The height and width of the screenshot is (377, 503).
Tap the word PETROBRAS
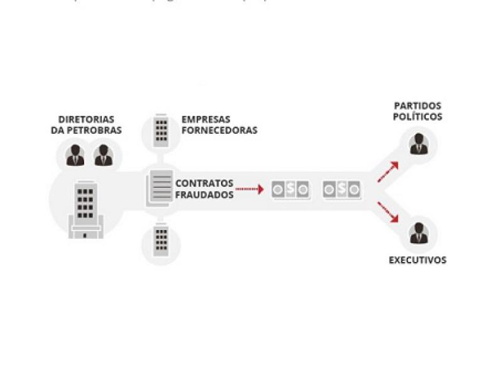point(98,131)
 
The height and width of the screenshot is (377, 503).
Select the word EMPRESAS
point(206,119)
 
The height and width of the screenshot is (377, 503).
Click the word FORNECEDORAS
point(219,131)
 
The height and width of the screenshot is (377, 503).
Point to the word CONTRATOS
point(204,183)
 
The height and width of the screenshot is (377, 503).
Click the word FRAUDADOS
point(204,195)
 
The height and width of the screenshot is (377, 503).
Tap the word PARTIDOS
point(417,106)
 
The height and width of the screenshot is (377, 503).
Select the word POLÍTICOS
point(417,117)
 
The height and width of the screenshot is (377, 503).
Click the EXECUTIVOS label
point(417,260)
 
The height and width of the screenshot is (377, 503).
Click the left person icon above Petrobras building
point(75,155)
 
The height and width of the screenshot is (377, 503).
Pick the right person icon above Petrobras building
point(104,155)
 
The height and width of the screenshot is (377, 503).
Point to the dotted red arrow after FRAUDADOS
point(250,188)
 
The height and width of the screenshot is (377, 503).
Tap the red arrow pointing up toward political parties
point(389,172)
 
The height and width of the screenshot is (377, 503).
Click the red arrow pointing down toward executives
point(389,212)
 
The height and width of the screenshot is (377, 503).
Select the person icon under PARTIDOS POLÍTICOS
point(417,145)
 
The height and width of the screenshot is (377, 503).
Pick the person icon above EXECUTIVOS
point(417,234)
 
